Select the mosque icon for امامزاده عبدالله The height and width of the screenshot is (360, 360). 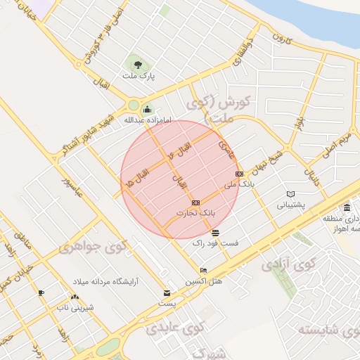point(147,109)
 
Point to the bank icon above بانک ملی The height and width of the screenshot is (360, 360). point(238,174)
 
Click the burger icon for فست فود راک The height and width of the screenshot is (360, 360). point(214,233)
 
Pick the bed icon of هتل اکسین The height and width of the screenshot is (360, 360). point(203,271)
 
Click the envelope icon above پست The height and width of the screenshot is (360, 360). point(167,292)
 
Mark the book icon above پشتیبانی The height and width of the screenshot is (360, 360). point(291,195)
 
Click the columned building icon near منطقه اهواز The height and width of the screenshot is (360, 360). point(347,207)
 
